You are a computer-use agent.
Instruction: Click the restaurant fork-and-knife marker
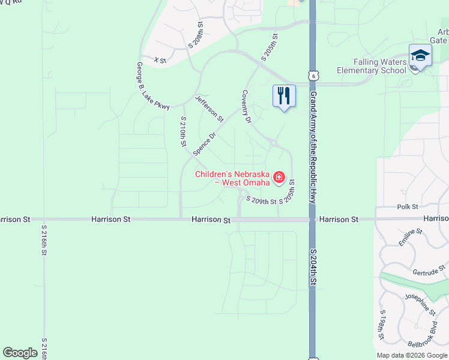(284, 96)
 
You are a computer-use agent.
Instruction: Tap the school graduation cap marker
(420, 56)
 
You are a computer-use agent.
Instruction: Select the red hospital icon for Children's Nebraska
(279, 177)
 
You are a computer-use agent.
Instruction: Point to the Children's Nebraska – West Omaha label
(232, 178)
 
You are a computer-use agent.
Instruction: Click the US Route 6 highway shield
(312, 75)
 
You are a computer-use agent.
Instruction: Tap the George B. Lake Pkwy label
(152, 86)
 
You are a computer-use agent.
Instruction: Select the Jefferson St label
(209, 109)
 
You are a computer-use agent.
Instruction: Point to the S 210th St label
(183, 132)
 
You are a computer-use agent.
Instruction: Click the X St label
(160, 60)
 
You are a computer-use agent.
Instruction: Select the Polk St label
(408, 207)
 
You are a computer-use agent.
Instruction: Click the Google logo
(20, 353)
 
